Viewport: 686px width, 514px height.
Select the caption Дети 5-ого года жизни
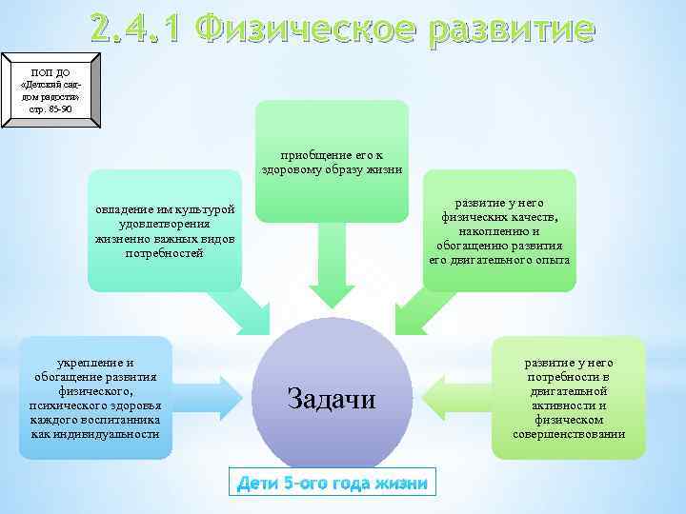point(332,483)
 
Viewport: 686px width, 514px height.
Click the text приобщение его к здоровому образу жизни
point(333,163)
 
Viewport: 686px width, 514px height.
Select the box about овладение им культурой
point(164,231)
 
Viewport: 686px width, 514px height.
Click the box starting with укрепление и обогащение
point(95,398)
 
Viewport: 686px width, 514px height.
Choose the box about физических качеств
point(499,231)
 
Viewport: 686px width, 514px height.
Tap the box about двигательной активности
point(569,398)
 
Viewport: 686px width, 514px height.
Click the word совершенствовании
point(569,434)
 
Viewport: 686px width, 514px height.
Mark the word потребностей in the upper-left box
point(164,254)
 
